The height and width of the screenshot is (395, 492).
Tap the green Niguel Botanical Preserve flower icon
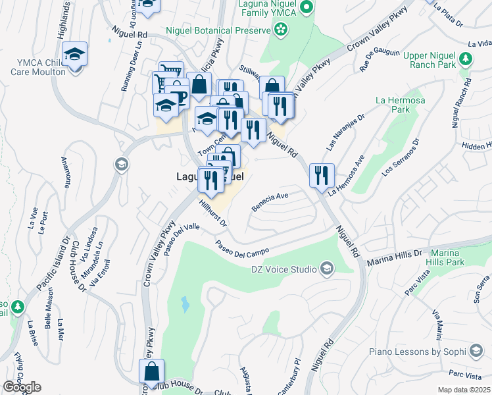tap(282, 30)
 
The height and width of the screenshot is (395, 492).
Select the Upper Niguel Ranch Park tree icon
tap(466, 59)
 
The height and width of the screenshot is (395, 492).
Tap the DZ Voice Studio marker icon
tap(326, 268)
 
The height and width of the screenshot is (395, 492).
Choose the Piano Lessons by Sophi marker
tap(475, 352)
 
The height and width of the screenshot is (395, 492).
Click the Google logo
tap(22, 387)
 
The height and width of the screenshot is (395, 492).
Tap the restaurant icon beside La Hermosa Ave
tap(322, 175)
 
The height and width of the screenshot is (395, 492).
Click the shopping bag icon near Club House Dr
tap(151, 371)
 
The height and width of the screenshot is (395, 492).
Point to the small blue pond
tap(185, 304)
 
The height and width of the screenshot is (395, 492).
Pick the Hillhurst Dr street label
tap(212, 215)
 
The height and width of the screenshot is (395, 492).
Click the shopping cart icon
tap(170, 72)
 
